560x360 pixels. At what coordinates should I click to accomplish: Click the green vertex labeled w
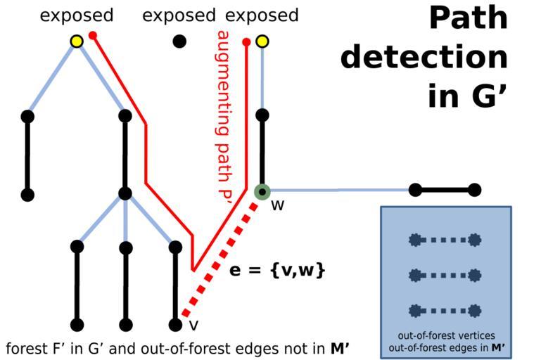(x=262, y=191)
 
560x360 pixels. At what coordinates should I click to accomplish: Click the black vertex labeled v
(x=176, y=325)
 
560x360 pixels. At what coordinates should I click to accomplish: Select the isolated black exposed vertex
(x=179, y=41)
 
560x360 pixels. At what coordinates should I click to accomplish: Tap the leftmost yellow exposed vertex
(x=77, y=41)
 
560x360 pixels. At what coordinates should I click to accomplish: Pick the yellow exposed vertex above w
(x=262, y=41)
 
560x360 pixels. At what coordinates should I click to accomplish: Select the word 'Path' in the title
(x=468, y=19)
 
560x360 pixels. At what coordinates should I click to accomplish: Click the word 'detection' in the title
(x=424, y=57)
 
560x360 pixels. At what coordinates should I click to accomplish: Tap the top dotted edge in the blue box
(x=445, y=240)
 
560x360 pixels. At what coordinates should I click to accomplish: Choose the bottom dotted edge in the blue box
(x=445, y=309)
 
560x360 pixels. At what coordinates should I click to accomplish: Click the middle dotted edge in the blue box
(x=445, y=274)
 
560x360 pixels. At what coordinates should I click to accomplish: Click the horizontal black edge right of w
(x=445, y=190)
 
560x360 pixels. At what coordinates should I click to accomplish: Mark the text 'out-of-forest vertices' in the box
(x=445, y=335)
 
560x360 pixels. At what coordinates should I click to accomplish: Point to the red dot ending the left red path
(x=93, y=34)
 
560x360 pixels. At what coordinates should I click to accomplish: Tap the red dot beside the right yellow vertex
(x=246, y=42)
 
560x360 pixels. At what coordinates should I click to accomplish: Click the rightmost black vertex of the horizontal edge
(x=475, y=190)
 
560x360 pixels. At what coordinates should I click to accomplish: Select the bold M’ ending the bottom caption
(x=341, y=348)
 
